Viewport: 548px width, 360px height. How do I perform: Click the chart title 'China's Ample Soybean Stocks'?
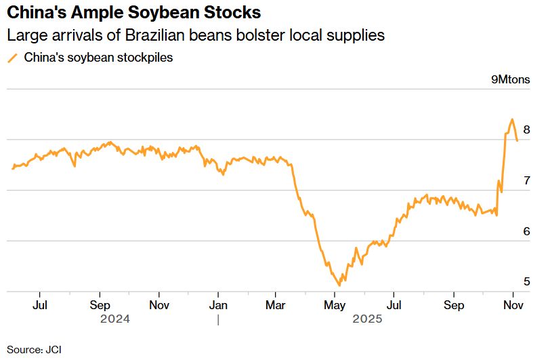(x=133, y=14)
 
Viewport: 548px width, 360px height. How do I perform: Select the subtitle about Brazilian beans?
(x=196, y=36)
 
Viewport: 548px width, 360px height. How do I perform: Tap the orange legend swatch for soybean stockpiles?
(x=12, y=58)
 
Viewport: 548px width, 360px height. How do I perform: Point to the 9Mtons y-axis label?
(x=511, y=80)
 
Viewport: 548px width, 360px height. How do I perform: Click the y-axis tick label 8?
(x=526, y=130)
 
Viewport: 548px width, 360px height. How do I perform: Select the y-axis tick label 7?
(x=526, y=181)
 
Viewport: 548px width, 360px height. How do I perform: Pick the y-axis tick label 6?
(x=526, y=231)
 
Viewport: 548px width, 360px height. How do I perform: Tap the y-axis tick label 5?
(x=526, y=281)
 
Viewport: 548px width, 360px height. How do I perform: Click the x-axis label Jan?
(x=218, y=305)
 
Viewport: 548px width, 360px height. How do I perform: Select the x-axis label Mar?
(x=276, y=305)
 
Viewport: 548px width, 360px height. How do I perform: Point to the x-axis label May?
(x=335, y=305)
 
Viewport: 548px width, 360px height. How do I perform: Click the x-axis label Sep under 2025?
(x=453, y=305)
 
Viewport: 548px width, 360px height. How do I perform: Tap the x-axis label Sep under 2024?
(x=100, y=305)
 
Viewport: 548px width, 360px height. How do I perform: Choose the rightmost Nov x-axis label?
(x=513, y=305)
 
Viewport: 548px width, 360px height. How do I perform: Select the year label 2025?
(x=366, y=319)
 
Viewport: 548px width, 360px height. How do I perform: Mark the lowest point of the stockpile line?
(x=339, y=285)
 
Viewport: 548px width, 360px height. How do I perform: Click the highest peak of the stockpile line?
(x=511, y=119)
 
